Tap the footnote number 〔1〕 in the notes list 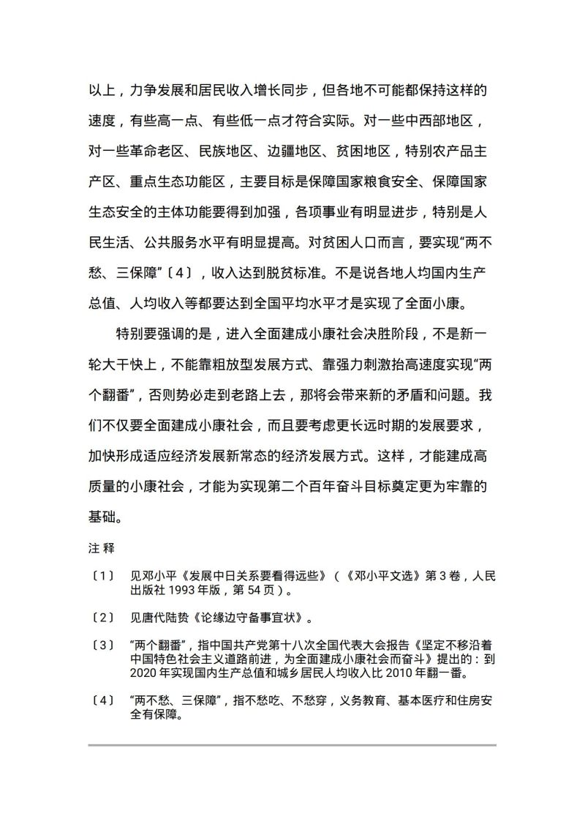[x=103, y=576]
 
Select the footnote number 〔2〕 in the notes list [x=103, y=618]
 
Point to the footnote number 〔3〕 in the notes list [x=103, y=645]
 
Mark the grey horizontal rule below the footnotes [x=292, y=745]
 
